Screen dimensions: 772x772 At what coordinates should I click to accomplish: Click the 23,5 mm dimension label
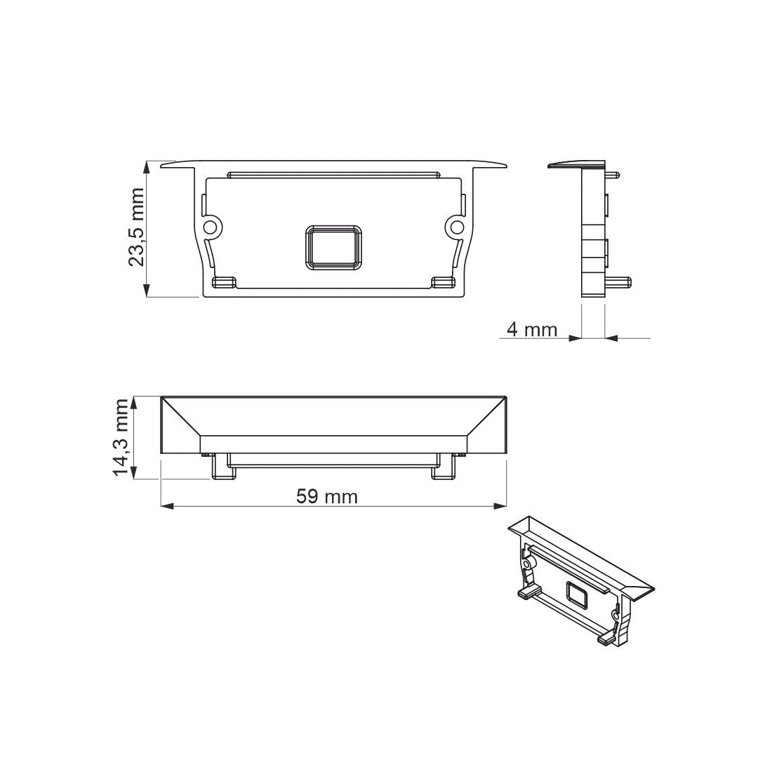click(x=136, y=228)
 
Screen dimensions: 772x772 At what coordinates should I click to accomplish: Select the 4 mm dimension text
click(x=531, y=329)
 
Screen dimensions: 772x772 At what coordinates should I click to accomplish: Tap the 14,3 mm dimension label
click(x=124, y=437)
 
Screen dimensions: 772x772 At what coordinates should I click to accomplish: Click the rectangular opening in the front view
click(x=333, y=246)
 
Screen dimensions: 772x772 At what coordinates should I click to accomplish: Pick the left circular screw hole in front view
click(x=209, y=227)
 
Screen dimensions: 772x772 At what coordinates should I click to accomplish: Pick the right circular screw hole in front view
click(x=457, y=227)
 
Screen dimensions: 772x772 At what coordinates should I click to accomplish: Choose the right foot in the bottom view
click(x=444, y=468)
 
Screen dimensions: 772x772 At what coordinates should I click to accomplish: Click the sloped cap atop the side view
click(x=577, y=164)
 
